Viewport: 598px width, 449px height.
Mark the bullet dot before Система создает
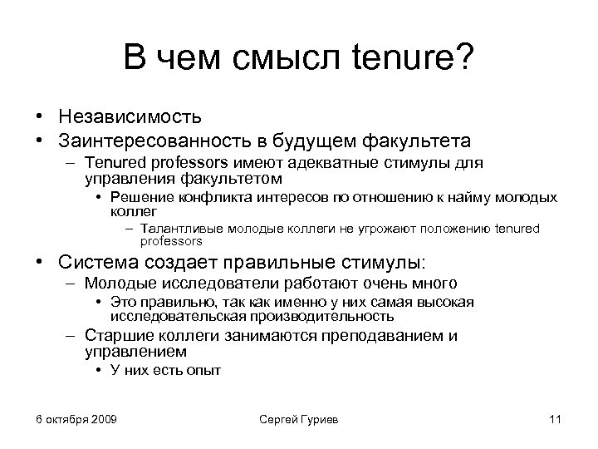[39, 264]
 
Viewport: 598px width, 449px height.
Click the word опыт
[205, 371]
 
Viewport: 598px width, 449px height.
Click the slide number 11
[556, 418]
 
